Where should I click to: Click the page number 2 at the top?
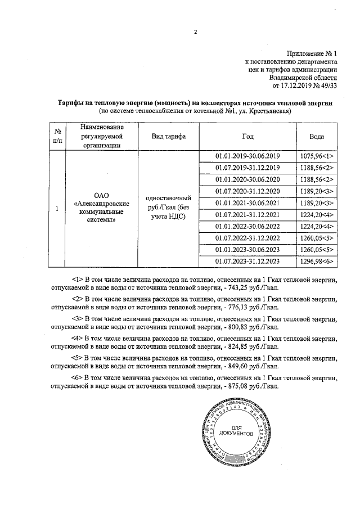coord(195,31)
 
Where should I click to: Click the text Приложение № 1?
coord(310,52)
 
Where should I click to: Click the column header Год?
coord(247,137)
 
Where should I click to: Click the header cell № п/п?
coord(57,137)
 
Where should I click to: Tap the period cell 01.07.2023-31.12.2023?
coord(247,262)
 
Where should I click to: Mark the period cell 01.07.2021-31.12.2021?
coord(247,214)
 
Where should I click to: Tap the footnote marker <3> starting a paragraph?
coord(78,318)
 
